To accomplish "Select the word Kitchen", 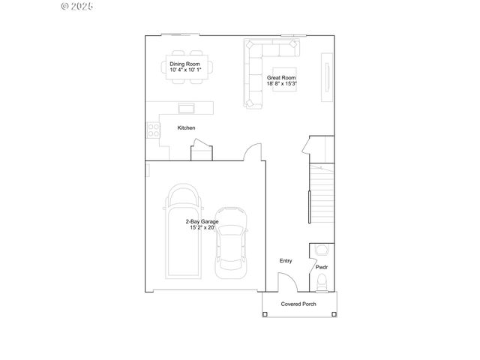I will coord(186,128).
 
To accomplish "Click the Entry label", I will coord(286,261).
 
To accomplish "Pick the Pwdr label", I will coord(321,267).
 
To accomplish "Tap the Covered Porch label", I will coord(298,304).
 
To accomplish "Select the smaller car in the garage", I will coord(232,241).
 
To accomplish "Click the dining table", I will coord(185,67).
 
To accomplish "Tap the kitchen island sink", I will coord(185,106).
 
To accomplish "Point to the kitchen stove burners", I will coord(153,128).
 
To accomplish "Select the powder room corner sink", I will coord(321,250).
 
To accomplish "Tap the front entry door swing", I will coord(286,283).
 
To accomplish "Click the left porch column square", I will coord(265,313).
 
